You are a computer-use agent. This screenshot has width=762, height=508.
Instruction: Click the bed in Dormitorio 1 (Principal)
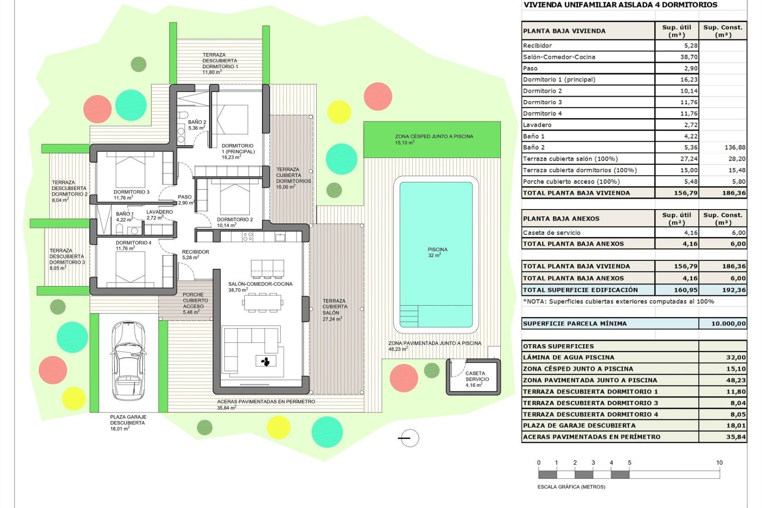tap(230, 119)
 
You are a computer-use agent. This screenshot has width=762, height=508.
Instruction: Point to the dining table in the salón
tap(263, 303)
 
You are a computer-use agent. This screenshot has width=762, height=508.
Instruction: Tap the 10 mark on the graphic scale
tap(719, 463)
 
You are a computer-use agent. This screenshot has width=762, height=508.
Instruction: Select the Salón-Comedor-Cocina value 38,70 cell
tap(677, 57)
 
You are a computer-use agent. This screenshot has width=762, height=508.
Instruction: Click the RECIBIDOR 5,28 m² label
tap(195, 254)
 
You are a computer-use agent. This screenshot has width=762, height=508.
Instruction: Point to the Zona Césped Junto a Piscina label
tap(434, 139)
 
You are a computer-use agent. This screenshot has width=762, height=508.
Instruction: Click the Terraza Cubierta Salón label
tap(334, 310)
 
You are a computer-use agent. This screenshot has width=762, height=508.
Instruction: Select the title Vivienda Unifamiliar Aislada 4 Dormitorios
tap(620, 5)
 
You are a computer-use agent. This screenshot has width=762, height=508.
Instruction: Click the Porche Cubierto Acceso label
tap(193, 303)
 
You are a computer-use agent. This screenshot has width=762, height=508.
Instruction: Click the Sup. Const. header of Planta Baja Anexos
tap(722, 219)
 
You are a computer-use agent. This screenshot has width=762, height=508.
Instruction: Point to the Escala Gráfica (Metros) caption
tap(571, 487)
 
